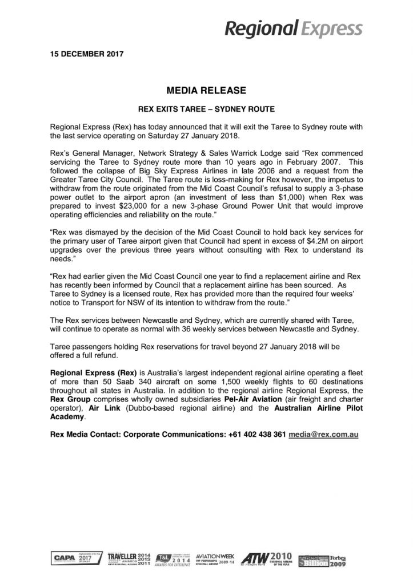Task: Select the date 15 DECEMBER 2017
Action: pyautogui.click(x=83, y=55)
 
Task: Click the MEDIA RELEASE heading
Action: pyautogui.click(x=206, y=90)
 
